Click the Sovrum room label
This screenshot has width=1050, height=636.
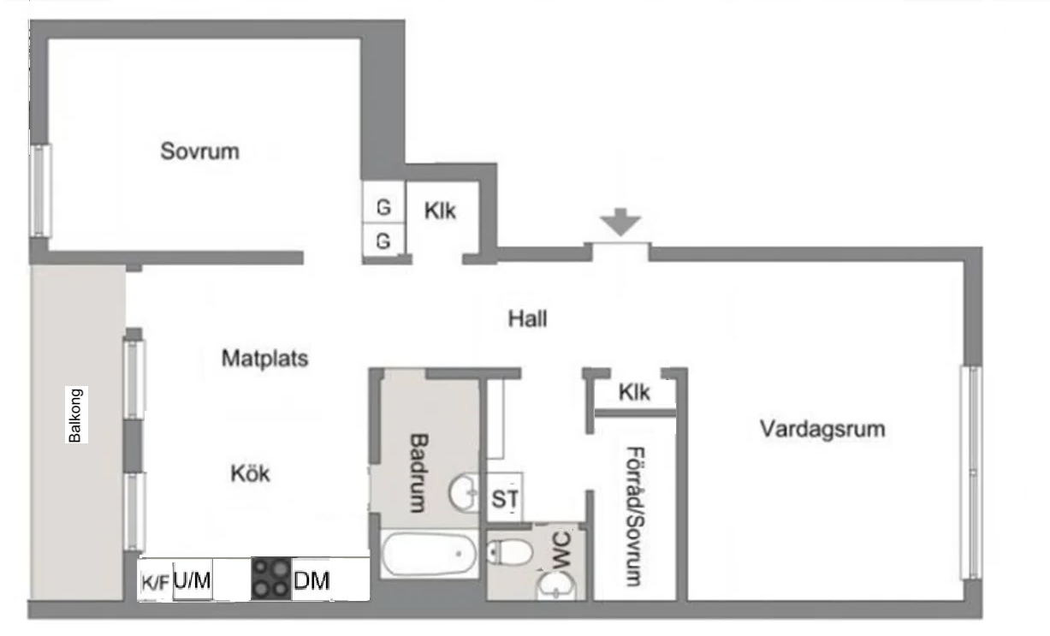click(x=199, y=152)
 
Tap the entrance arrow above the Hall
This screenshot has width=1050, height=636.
click(x=620, y=222)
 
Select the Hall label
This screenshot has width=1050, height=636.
click(x=527, y=319)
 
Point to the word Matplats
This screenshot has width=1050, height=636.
click(x=264, y=359)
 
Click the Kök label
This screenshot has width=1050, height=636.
click(x=251, y=473)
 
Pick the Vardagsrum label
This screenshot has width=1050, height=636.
click(x=822, y=429)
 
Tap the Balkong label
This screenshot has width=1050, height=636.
click(x=75, y=415)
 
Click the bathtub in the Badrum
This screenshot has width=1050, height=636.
click(x=429, y=554)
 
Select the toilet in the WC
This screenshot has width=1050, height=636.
click(x=509, y=552)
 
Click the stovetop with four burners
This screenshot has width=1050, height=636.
click(x=271, y=579)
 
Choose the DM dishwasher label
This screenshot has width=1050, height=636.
click(x=311, y=580)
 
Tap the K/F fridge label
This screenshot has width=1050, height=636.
click(x=155, y=583)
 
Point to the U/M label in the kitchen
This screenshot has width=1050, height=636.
click(x=192, y=580)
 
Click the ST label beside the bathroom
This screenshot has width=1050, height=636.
click(x=505, y=498)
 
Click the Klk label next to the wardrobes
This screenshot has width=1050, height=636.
click(x=440, y=211)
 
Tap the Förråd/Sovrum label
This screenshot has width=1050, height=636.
click(x=635, y=516)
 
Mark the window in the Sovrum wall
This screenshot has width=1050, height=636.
click(x=41, y=190)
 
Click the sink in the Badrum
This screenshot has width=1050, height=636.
click(x=464, y=493)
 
